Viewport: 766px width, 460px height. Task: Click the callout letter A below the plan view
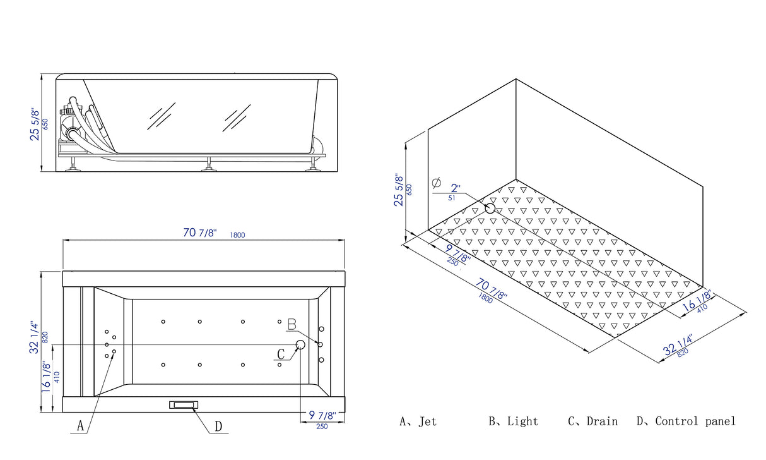pyautogui.click(x=80, y=426)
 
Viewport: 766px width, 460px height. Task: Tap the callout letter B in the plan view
pyautogui.click(x=292, y=324)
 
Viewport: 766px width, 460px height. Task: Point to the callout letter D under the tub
pyautogui.click(x=218, y=427)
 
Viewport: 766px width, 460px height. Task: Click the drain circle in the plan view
pyautogui.click(x=300, y=344)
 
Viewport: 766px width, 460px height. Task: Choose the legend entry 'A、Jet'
pyautogui.click(x=418, y=421)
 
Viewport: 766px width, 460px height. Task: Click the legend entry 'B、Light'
pyautogui.click(x=514, y=421)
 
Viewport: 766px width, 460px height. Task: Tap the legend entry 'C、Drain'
pyautogui.click(x=592, y=421)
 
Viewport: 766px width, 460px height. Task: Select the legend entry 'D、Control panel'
pyautogui.click(x=686, y=421)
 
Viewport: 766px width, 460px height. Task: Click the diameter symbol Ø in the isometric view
pyautogui.click(x=436, y=183)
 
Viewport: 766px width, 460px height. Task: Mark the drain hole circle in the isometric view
pyautogui.click(x=490, y=208)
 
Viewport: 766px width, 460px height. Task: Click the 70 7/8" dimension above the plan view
pyautogui.click(x=200, y=233)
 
